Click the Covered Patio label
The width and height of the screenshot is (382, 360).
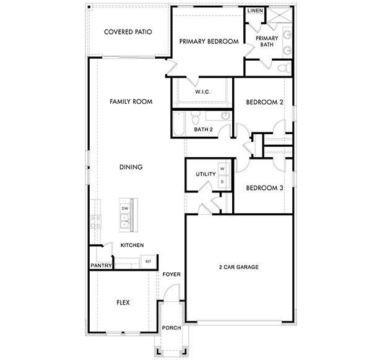(x=128, y=32)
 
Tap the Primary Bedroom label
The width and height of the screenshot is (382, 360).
(x=209, y=41)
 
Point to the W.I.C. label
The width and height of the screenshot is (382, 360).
(x=203, y=92)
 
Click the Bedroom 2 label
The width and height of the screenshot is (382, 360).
(x=264, y=102)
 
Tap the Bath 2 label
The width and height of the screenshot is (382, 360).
(x=203, y=129)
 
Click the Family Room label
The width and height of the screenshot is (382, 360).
(x=131, y=101)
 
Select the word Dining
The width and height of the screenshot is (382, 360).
(x=131, y=167)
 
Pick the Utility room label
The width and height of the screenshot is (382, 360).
(x=206, y=174)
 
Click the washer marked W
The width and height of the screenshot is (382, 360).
(x=222, y=169)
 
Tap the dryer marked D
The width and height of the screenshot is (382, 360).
(x=222, y=181)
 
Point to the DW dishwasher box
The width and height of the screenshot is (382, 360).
(x=124, y=209)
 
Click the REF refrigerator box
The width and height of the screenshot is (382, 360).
(x=148, y=262)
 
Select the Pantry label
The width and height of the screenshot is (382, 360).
(x=101, y=266)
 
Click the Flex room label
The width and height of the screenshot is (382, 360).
(x=123, y=302)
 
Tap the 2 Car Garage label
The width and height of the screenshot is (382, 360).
(x=238, y=267)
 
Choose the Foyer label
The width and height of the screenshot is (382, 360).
(x=171, y=274)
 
